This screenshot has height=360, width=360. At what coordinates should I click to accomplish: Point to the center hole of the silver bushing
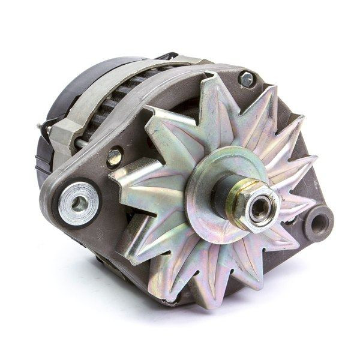tap(79, 202)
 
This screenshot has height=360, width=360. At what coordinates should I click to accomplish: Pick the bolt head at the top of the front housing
tap(246, 78)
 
